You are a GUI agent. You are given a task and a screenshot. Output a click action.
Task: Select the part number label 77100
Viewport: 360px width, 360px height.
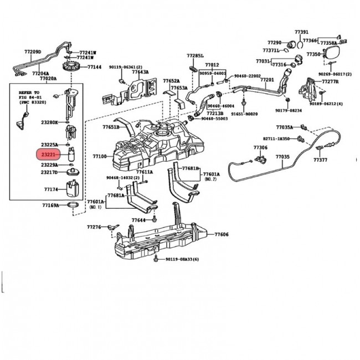point(100,157)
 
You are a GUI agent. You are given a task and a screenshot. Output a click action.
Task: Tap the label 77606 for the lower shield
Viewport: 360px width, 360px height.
point(222,235)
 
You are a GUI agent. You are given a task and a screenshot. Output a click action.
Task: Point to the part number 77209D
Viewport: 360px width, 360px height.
point(33,52)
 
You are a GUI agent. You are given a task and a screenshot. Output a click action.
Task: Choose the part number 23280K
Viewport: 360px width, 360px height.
point(49,122)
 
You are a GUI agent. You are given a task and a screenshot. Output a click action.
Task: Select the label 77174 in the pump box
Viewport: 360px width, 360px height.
point(51,189)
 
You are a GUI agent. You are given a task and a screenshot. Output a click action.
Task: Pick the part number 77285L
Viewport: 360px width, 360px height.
point(195,56)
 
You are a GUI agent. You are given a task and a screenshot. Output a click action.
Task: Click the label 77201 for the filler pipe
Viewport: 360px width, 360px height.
point(268,80)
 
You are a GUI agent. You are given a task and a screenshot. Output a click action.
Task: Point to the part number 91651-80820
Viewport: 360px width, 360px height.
point(260,114)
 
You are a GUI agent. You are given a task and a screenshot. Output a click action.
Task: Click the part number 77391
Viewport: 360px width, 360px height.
point(301,32)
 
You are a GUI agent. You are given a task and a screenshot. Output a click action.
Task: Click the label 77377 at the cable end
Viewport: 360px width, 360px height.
point(320,160)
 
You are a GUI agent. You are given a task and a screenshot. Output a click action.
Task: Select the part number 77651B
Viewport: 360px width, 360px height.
point(111,127)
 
